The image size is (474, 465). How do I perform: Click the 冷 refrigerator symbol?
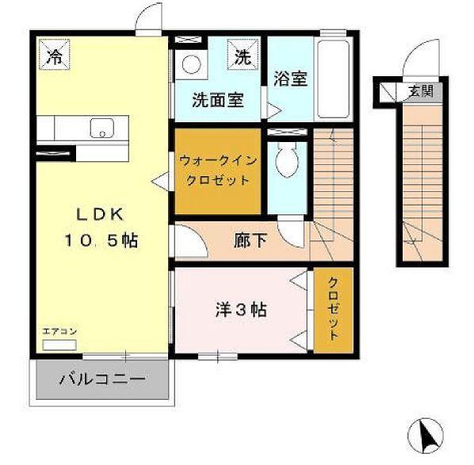[55, 56]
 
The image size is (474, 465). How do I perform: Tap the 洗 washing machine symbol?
[242, 56]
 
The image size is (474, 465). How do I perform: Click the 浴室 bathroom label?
[290, 79]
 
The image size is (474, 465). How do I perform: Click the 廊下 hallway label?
[250, 240]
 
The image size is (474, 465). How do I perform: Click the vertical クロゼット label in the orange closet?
[333, 310]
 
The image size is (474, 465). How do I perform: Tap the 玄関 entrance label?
[420, 90]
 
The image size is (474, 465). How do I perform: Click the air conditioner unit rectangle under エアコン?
[55, 345]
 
